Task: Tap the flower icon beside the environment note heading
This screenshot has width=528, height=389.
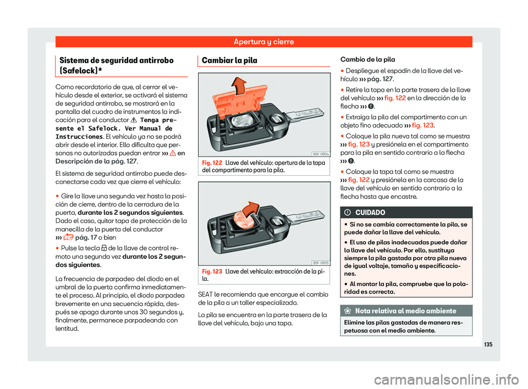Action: tap(349, 311)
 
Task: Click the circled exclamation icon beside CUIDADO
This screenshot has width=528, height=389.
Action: tap(349, 212)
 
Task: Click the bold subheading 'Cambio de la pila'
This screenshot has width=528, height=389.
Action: tap(368, 59)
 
